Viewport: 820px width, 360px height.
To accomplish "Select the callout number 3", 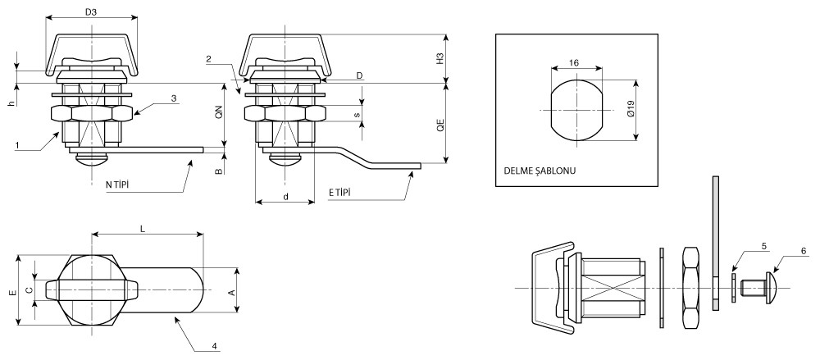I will [x=174, y=98].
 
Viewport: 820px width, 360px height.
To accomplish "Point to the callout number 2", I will [x=209, y=59].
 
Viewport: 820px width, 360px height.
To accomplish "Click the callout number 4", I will [x=214, y=346].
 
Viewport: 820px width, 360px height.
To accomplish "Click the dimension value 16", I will [x=575, y=62].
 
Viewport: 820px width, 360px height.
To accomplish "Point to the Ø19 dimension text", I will [x=629, y=111].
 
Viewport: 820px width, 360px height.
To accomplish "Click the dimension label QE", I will [x=440, y=125].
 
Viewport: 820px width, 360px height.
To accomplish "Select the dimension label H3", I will [x=440, y=58].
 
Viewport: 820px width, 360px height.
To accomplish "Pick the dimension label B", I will [x=219, y=172].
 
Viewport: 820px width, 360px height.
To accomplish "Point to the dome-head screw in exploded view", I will [x=761, y=287].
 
